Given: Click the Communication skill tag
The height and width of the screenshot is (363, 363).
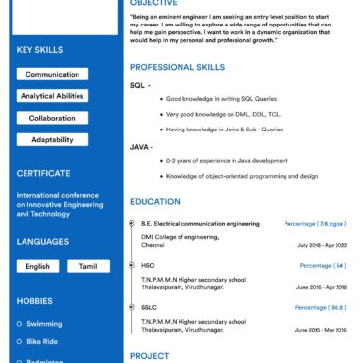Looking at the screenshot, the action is tap(52, 75).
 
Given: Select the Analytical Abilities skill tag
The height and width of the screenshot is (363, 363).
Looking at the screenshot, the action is tap(52, 96).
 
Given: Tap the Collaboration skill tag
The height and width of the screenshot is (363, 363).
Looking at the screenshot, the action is tap(52, 118).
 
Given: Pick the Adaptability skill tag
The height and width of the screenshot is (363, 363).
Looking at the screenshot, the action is tap(52, 139).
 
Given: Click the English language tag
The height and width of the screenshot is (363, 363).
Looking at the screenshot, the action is tap(37, 266).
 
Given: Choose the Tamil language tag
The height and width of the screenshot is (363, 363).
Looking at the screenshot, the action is tap(88, 266).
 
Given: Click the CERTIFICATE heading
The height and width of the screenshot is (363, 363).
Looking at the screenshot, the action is tap(42, 173).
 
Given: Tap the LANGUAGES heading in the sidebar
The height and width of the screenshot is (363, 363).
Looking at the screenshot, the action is tap(42, 241).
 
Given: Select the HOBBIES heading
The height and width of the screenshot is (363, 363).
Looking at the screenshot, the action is tap(34, 300).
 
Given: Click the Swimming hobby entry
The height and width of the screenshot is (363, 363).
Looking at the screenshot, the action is tap(44, 323).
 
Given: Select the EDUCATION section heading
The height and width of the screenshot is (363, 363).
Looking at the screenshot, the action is tap(156, 201).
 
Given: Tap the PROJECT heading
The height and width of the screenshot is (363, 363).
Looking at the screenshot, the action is tap(150, 356).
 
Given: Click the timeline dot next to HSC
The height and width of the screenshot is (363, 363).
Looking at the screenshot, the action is tap(132, 266).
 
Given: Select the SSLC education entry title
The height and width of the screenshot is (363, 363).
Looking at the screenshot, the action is tap(149, 308).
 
